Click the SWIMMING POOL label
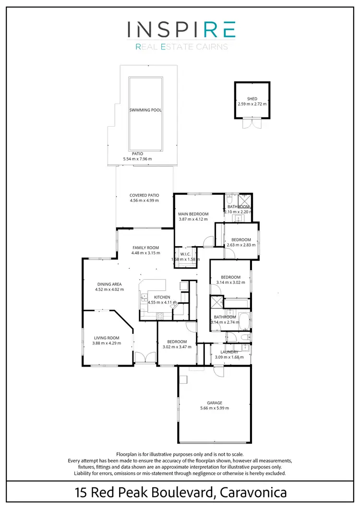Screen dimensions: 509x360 [x=145, y=110]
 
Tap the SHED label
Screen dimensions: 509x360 [x=252, y=99]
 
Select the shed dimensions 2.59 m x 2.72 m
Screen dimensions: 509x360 [x=252, y=104]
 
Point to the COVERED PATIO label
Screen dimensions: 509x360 [x=144, y=195]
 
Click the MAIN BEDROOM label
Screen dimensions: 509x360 [x=194, y=213]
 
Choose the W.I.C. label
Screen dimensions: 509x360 [x=185, y=254]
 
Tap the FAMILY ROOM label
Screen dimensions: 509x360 [x=146, y=248]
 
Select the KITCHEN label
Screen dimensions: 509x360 [x=162, y=297]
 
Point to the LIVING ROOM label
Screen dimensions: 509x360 [x=107, y=338]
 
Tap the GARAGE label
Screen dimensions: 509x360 [x=215, y=403]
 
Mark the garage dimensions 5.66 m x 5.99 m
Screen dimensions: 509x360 [x=215, y=408]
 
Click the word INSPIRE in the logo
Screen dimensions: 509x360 [x=181, y=30]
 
